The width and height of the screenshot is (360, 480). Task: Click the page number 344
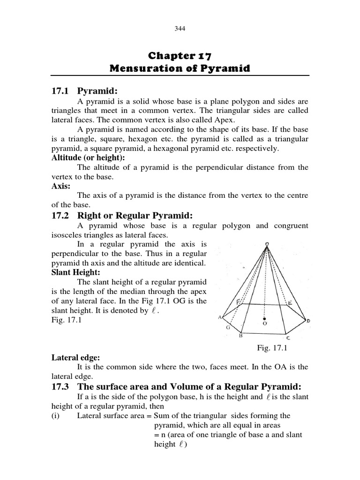tap(180, 29)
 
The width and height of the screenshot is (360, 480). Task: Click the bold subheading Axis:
tap(61, 186)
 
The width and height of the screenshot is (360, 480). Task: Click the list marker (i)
tap(56, 415)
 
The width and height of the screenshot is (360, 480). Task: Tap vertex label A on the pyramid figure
tap(219, 317)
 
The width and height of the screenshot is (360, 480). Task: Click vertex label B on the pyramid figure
tap(241, 336)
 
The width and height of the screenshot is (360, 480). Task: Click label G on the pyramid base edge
tap(228, 328)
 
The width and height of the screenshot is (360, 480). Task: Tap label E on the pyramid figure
tap(290, 304)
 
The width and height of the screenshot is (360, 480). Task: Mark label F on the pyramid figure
tap(239, 303)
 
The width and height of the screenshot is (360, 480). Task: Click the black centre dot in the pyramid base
tap(265, 317)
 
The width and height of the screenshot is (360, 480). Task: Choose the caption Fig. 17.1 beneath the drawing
tap(271, 348)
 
